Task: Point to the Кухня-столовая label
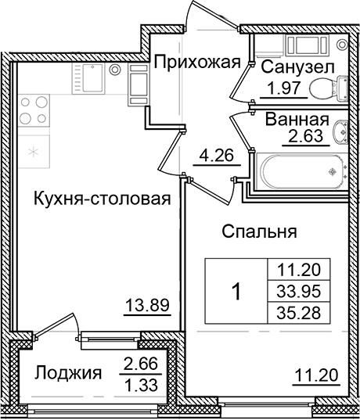[x=102, y=199]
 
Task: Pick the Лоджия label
[x=69, y=374]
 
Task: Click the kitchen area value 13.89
[x=148, y=305]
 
